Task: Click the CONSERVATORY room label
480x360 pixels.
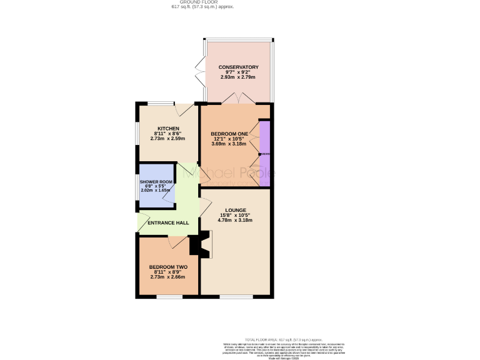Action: [x=238, y=67]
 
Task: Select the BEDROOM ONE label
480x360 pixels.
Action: [x=229, y=134]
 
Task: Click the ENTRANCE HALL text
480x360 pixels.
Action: [x=168, y=222]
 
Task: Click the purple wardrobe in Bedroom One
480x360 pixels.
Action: [x=264, y=154]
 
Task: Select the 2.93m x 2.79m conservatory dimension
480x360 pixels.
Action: [x=238, y=77]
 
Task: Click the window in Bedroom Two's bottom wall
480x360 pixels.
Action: [x=169, y=296]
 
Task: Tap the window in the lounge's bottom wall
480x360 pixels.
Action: [x=236, y=296]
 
